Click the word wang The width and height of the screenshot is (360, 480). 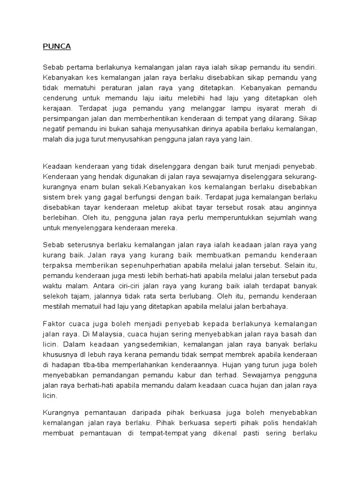pyautogui.click(x=307, y=217)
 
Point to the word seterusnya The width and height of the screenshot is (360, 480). pyautogui.click(x=84, y=245)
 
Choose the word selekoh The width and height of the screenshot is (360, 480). pyautogui.click(x=58, y=296)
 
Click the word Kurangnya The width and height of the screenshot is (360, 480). pyautogui.click(x=62, y=412)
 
